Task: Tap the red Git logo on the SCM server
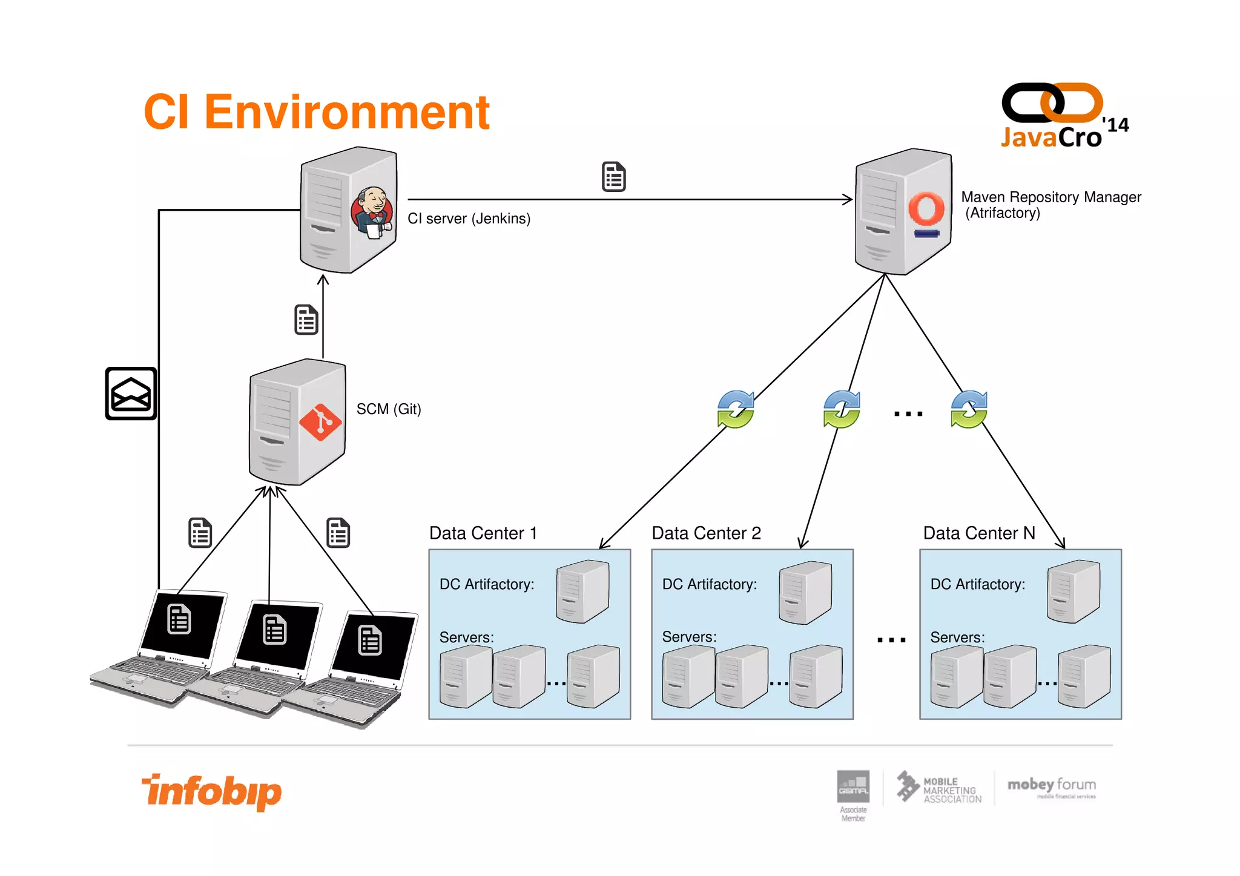coord(320,422)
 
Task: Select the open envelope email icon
coord(131,394)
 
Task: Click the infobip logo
coord(212,791)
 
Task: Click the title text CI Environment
coord(316,113)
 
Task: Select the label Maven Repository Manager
coord(1050,197)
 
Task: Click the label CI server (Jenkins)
coord(469,219)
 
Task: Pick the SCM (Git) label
coord(388,409)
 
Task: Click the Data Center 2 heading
coord(706,533)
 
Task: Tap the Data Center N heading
coord(978,533)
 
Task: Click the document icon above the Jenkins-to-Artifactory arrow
coord(613,177)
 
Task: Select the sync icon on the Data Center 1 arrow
coord(736,410)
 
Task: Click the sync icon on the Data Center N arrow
coord(969,410)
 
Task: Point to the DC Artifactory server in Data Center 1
coord(582,591)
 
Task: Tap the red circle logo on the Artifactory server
coord(926,209)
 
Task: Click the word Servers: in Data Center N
coord(957,637)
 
